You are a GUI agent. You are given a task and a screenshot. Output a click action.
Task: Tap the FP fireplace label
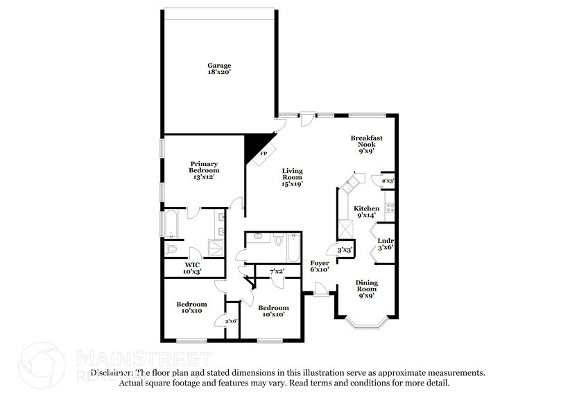coord(263,154)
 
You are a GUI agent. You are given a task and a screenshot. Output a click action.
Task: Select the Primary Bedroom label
coord(205,170)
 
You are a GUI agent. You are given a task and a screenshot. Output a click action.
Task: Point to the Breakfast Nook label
coord(367,144)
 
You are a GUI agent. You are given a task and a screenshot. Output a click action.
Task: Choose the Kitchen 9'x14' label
coord(367,212)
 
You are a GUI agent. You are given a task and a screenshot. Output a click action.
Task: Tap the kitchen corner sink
coord(350,183)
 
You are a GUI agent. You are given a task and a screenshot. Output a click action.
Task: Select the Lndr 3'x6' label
coord(385,243)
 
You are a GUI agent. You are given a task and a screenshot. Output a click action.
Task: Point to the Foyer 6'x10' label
coord(319,266)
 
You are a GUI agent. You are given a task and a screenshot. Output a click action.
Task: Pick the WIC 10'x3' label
coord(192,268)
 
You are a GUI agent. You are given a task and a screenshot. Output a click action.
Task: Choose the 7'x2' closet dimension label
coord(277,271)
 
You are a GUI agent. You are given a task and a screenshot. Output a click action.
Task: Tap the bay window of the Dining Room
coord(362,322)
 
